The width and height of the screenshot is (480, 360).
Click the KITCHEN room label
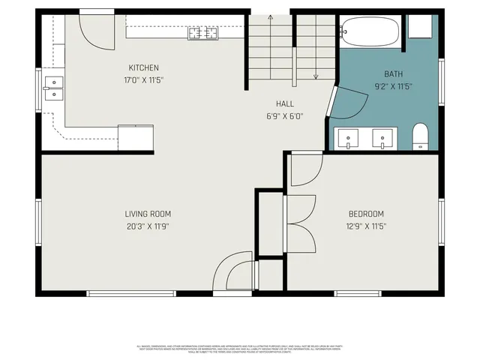(143, 67)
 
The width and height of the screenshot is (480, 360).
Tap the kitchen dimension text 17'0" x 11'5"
(143, 79)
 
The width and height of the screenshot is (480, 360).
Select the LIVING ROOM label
(148, 214)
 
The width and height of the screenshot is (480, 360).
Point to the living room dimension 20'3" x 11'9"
(148, 226)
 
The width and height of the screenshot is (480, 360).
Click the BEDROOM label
(366, 214)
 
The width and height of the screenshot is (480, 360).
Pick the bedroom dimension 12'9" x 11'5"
(366, 226)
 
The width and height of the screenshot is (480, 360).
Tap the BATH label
(393, 74)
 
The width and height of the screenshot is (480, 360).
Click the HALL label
(284, 104)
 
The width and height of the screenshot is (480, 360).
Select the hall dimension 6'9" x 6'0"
(284, 116)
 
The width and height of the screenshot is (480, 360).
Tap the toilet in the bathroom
(421, 136)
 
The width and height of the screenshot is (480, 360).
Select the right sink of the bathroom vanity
(383, 139)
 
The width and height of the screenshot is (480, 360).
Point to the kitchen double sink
(53, 88)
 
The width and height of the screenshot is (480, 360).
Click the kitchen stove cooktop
(202, 33)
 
